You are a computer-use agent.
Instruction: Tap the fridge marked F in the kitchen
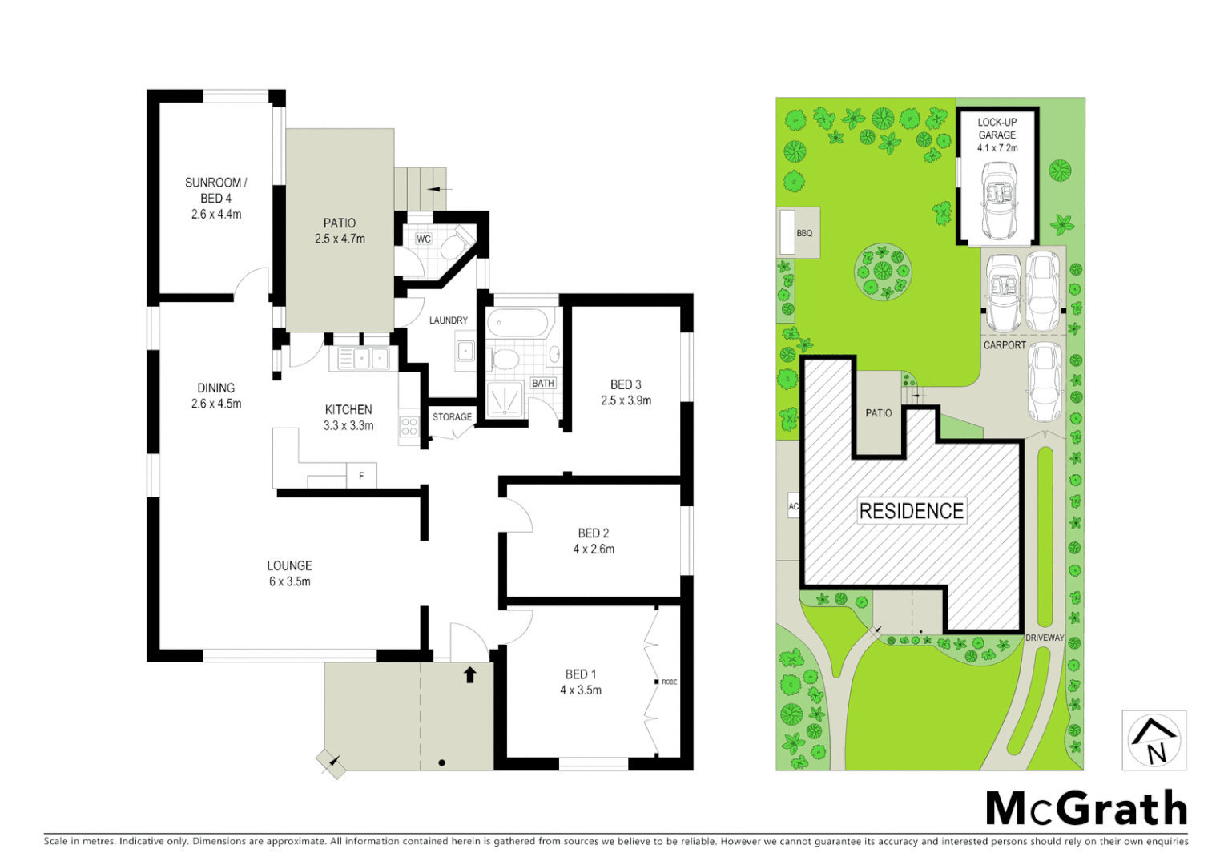pyautogui.click(x=361, y=476)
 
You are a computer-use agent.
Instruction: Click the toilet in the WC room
pyautogui.click(x=460, y=241)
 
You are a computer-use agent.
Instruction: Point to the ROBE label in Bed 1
pyautogui.click(x=670, y=682)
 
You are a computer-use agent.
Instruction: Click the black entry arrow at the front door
pyautogui.click(x=470, y=674)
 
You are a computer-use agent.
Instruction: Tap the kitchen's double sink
pyautogui.click(x=370, y=357)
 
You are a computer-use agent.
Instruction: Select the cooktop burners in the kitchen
pyautogui.click(x=409, y=426)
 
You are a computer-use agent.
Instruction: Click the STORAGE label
pyautogui.click(x=452, y=417)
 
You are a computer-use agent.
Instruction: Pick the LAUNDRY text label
pyautogui.click(x=448, y=320)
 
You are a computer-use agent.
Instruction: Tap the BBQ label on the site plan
pyautogui.click(x=804, y=234)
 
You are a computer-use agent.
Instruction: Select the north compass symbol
pyautogui.click(x=1154, y=741)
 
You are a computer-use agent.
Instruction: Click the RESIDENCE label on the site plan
pyautogui.click(x=912, y=511)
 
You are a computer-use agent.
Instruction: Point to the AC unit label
pyautogui.click(x=793, y=506)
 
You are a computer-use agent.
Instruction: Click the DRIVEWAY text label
pyautogui.click(x=1045, y=638)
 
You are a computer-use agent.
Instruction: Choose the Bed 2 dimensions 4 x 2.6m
pyautogui.click(x=594, y=549)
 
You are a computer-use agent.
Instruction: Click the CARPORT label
pyautogui.click(x=1005, y=345)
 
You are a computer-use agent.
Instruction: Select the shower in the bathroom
pyautogui.click(x=505, y=399)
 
